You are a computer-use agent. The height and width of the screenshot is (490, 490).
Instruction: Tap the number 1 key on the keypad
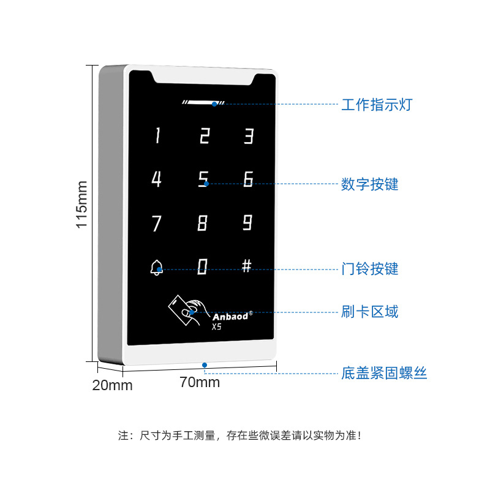click(157, 135)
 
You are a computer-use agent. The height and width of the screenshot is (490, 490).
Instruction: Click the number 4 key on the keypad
click(156, 179)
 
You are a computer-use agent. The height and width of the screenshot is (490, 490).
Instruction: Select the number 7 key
click(156, 223)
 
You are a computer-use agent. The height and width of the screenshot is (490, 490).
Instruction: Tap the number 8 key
click(202, 222)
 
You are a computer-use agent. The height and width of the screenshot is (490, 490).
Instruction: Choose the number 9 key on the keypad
click(247, 222)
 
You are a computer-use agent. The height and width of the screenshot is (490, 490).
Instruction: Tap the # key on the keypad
click(247, 266)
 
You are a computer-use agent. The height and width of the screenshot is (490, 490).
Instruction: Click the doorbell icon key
click(156, 268)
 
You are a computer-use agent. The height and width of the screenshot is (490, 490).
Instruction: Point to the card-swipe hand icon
click(186, 310)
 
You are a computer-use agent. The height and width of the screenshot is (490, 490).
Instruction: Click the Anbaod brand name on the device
click(230, 317)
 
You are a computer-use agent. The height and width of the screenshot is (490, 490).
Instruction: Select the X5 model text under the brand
click(217, 327)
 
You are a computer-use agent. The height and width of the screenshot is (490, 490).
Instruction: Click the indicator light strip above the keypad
click(203, 102)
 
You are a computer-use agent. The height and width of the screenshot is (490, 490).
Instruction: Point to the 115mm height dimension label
click(82, 205)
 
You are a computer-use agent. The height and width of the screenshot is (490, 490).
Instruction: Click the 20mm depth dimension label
click(113, 385)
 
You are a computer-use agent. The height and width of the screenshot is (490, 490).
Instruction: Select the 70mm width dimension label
click(200, 382)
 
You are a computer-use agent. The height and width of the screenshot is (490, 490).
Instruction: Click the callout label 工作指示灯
click(377, 105)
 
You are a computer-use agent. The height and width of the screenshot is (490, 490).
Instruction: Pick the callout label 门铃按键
click(370, 269)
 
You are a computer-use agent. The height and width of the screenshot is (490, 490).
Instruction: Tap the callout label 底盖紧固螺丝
click(384, 373)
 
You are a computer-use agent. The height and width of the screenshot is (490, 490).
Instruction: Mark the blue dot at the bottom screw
click(205, 365)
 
